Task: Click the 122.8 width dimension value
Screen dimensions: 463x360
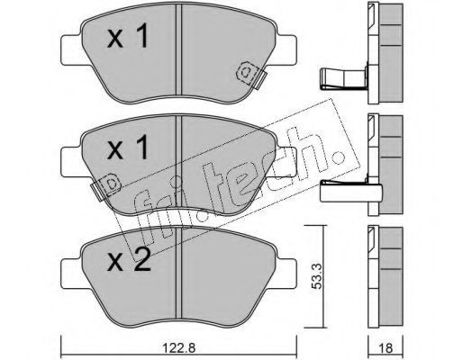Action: pos(178,348)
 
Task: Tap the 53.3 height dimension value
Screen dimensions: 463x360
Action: pos(316,276)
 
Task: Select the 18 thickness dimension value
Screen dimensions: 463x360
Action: pos(386,348)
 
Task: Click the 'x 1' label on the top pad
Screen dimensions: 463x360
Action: pos(128,36)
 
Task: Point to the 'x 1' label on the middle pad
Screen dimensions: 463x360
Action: pos(128,147)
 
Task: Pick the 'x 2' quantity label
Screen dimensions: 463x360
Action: pos(129,260)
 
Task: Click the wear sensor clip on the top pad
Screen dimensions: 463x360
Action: pos(251,75)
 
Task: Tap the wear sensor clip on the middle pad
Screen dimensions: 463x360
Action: pos(105,186)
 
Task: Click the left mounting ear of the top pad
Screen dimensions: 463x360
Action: pos(71,50)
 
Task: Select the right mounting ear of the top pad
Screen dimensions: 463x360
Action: pos(286,50)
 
